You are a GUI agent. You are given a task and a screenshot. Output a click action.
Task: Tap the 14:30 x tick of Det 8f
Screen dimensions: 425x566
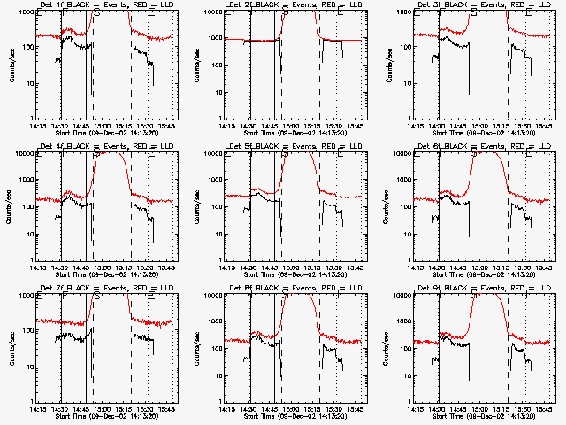[249, 408]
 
